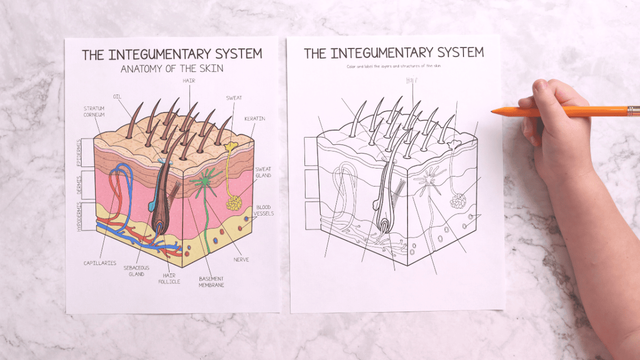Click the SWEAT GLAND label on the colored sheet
[262, 172]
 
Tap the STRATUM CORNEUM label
[93, 111]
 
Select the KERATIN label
[254, 118]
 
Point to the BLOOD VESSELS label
[264, 210]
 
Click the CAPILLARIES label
[100, 263]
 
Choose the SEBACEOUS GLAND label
[136, 270]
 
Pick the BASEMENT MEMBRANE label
[211, 282]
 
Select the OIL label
[117, 97]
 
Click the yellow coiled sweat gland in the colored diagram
[234, 203]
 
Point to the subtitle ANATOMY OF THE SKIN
[171, 68]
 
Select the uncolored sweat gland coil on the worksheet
[458, 201]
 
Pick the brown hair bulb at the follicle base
[159, 226]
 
